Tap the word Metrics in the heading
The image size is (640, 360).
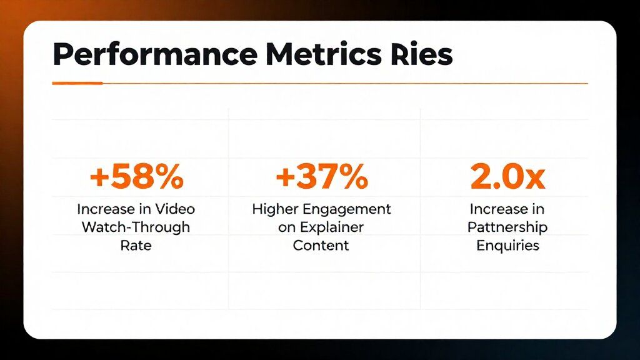point(324,54)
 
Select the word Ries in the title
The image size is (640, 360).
point(422,54)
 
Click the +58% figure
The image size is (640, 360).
point(137,176)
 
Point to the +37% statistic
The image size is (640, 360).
point(322,176)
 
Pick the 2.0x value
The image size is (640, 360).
point(507,176)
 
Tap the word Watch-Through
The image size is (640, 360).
point(136,227)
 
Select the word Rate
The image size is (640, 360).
point(136,245)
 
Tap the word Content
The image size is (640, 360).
point(321,245)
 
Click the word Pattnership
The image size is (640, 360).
point(507,227)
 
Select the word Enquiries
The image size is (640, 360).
point(507,246)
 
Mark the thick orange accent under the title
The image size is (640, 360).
point(77,83)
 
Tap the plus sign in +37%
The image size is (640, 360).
point(285,177)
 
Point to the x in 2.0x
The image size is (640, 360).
point(535,179)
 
